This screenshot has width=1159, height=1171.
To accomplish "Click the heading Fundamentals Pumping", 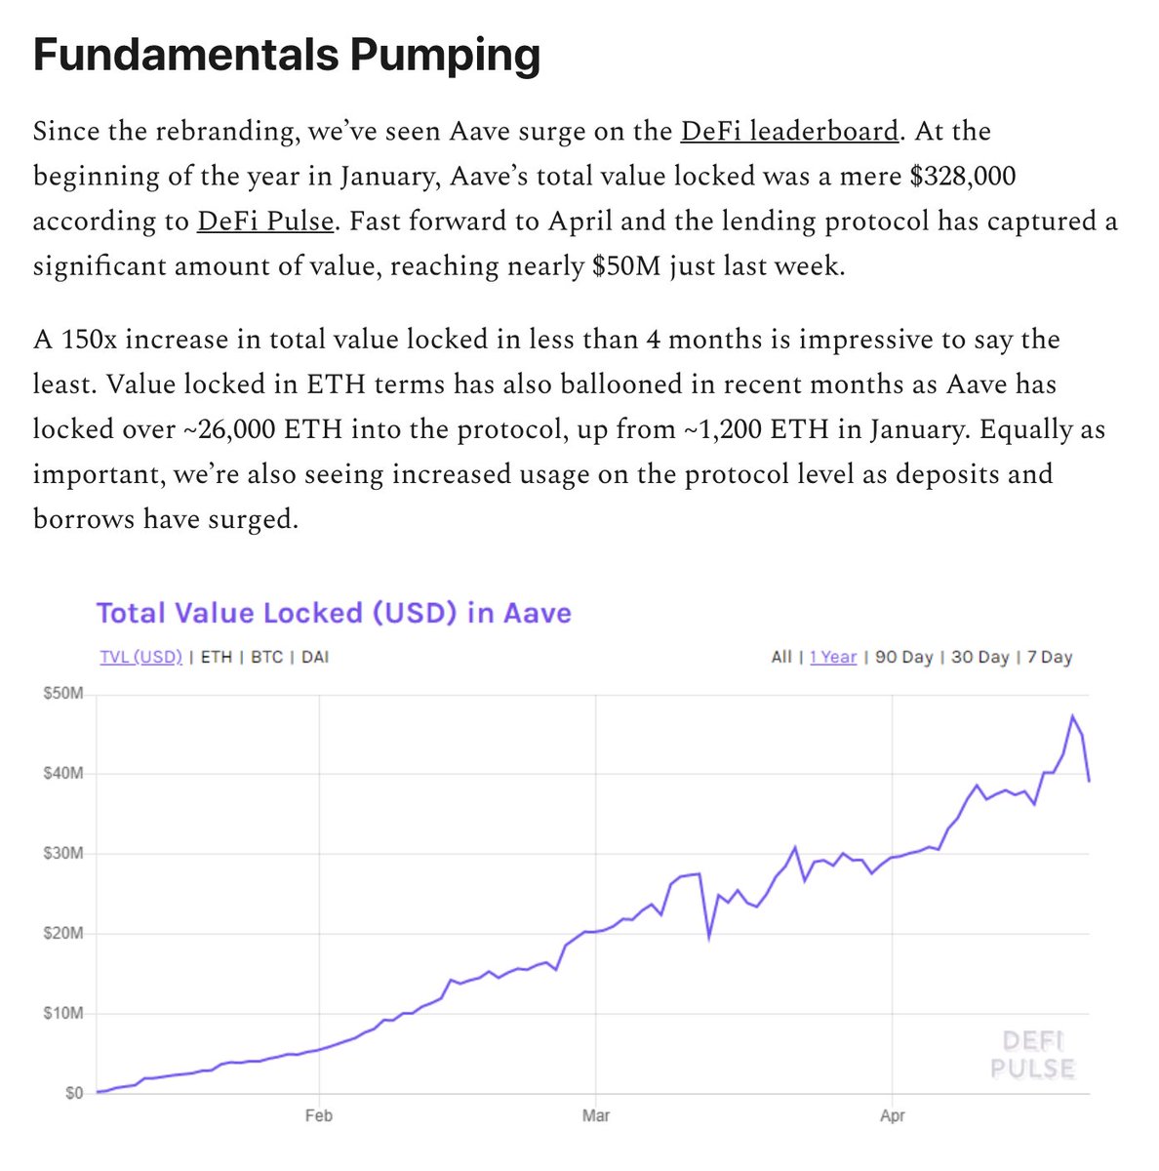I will (286, 56).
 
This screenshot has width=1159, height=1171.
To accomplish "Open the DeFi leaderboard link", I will (788, 132).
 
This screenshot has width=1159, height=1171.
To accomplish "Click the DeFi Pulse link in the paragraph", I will (265, 222).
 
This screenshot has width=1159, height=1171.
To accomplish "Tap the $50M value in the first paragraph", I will (619, 266).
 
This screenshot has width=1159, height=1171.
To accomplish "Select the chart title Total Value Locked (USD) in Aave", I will (334, 613).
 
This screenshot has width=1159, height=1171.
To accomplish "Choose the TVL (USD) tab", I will (140, 657).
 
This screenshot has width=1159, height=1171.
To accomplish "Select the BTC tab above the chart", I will (266, 657).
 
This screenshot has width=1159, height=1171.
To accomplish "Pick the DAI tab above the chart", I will (315, 657).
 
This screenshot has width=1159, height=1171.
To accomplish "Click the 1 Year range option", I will (833, 657).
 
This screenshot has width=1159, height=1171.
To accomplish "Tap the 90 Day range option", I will (903, 657).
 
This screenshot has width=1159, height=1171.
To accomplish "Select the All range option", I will (781, 657).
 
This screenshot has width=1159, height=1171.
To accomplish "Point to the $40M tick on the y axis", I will (63, 774).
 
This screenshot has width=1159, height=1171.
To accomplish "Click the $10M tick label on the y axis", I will (63, 1013).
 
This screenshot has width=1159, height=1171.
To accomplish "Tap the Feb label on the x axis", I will (319, 1115).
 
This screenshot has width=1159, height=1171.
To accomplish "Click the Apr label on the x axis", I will (892, 1115).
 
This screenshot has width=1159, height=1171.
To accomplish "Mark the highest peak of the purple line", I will (1072, 716).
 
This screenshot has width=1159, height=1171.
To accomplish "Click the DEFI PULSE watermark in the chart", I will (1032, 1054).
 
